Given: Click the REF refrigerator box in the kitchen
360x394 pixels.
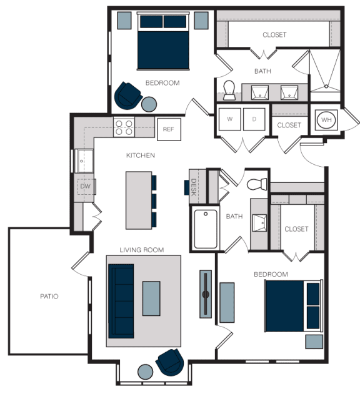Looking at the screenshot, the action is tap(169, 129).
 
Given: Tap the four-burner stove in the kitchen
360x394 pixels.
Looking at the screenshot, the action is tap(124, 127).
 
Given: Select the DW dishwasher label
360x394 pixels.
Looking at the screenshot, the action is tap(85, 186).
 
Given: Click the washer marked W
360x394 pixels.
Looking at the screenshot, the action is tap(229, 119).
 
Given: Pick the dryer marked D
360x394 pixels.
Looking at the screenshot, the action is tap(254, 119).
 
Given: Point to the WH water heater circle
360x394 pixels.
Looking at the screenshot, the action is tap(326, 120).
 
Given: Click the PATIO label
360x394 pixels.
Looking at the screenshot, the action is tap(49, 297).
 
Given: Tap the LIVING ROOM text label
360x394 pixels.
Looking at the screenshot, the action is tap(142, 250).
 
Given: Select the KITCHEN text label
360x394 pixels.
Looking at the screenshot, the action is tap(141, 155).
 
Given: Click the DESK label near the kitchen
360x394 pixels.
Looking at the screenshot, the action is tap(194, 187).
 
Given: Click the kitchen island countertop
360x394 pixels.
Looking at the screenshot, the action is tap(139, 200).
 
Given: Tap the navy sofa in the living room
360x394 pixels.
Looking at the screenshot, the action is tap(121, 301).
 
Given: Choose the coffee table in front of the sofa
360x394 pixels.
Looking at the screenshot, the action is tap(151, 298).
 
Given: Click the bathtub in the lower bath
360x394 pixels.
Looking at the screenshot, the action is tap(206, 229).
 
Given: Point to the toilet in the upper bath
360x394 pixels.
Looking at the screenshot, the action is tap(229, 90).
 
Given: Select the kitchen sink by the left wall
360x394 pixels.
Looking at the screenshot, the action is tap(84, 161).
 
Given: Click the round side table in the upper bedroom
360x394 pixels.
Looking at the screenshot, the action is tap(149, 104).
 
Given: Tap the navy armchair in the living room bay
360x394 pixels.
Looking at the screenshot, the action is tap(170, 362).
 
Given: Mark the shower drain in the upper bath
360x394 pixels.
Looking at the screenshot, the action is tap(326, 86).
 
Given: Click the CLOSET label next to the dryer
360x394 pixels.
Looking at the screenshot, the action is tap(289, 125).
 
